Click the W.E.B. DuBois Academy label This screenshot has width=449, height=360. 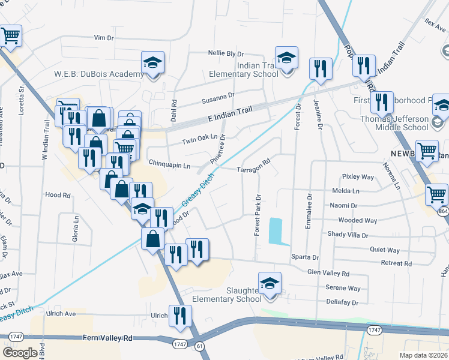pyautogui.click(x=99, y=74)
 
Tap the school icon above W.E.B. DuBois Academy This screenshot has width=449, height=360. pyautogui.click(x=152, y=63)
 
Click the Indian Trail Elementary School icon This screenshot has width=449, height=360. pyautogui.click(x=286, y=59)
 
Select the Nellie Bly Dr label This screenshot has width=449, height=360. pyautogui.click(x=226, y=54)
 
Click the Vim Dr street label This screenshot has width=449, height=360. pyautogui.click(x=104, y=38)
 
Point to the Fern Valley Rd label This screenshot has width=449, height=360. pyautogui.click(x=107, y=338)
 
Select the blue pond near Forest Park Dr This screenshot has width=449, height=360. pyautogui.click(x=276, y=231)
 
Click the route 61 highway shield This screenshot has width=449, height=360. pyautogui.click(x=199, y=346)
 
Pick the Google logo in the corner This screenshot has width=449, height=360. pyautogui.click(x=20, y=353)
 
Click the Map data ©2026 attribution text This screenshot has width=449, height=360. pyautogui.click(x=424, y=355)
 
